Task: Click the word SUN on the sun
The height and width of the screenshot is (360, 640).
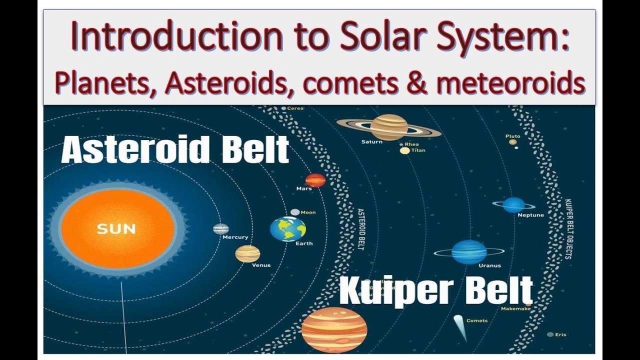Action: point(116,229)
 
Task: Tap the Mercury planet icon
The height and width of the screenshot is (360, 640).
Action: point(220,229)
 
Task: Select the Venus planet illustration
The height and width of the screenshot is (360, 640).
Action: point(247,254)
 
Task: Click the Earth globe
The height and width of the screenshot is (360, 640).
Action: point(288,229)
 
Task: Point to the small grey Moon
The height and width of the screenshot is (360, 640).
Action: point(295,212)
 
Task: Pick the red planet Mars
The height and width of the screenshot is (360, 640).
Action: point(315,180)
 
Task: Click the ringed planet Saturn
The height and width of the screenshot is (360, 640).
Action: point(388,127)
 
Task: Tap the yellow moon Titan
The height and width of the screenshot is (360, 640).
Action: point(404,150)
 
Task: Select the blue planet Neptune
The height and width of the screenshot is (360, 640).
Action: point(513,205)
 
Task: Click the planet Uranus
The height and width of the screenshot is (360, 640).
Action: point(468,252)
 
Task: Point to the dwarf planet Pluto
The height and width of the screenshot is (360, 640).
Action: point(513,142)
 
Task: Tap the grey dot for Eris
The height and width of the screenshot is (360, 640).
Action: point(550,334)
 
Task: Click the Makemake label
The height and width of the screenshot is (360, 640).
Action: point(515,309)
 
